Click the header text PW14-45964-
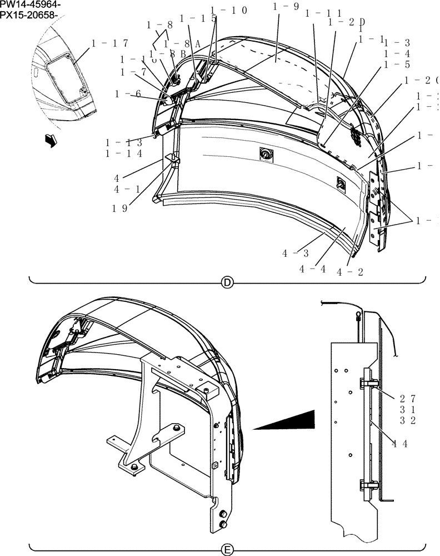click(31, 5)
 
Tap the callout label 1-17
click(109, 43)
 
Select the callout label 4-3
click(295, 254)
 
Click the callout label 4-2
click(350, 272)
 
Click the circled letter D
click(227, 283)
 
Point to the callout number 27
click(407, 398)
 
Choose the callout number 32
click(407, 420)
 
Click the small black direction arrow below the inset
click(51, 142)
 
